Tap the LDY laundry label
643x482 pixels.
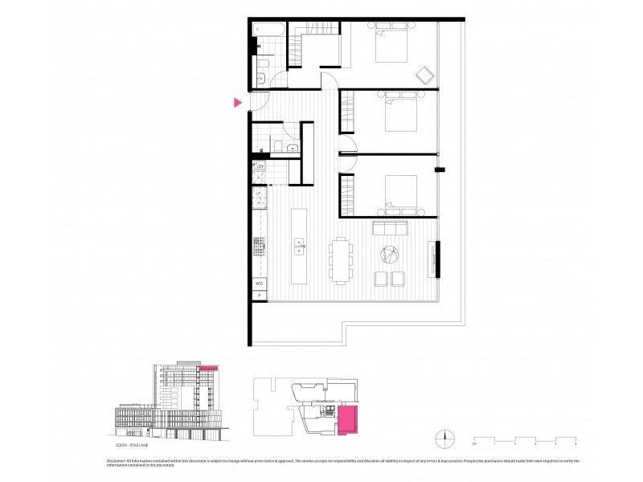click(x=260, y=167)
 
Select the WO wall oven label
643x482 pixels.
click(x=260, y=284)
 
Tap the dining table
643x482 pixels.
click(x=341, y=259)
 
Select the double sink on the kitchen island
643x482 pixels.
click(x=299, y=245)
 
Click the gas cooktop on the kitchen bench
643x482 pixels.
click(x=260, y=244)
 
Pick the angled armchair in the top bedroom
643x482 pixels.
click(x=424, y=76)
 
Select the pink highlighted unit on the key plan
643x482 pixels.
click(x=350, y=420)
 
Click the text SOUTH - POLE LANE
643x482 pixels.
click(x=133, y=443)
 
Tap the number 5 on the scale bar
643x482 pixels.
click(x=576, y=443)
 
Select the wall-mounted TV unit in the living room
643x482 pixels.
click(x=436, y=259)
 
